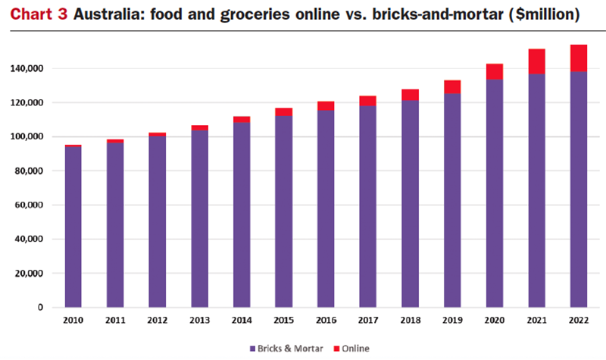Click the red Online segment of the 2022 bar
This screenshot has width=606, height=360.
(x=578, y=58)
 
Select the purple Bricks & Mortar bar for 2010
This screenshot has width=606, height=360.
(x=73, y=227)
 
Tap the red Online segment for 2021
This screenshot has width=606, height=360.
(x=536, y=61)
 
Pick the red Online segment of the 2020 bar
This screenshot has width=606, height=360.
(x=494, y=71)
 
